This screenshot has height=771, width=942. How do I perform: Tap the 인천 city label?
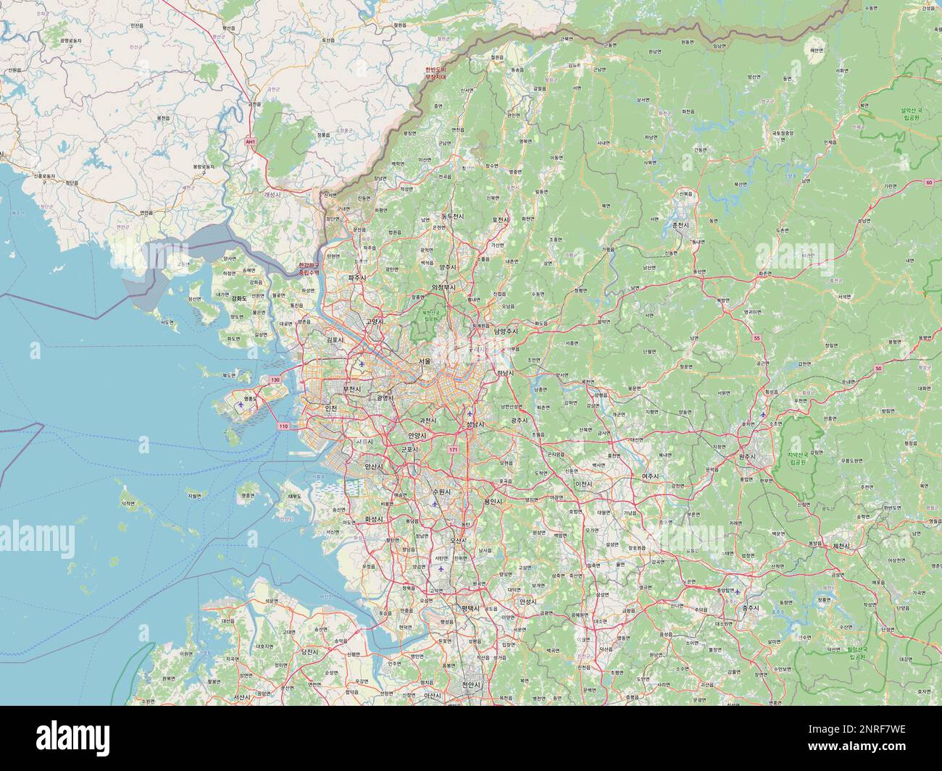pyautogui.click(x=332, y=408)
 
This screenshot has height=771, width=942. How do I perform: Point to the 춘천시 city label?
pyautogui.click(x=681, y=225)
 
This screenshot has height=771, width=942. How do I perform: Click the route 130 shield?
pyautogui.click(x=275, y=380)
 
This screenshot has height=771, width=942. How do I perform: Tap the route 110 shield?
pyautogui.click(x=283, y=426)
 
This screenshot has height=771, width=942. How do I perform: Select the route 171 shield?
pyautogui.click(x=454, y=450)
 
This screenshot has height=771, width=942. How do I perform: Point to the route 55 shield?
pyautogui.click(x=756, y=338)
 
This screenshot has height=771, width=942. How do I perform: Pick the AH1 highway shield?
pyautogui.click(x=250, y=142)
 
